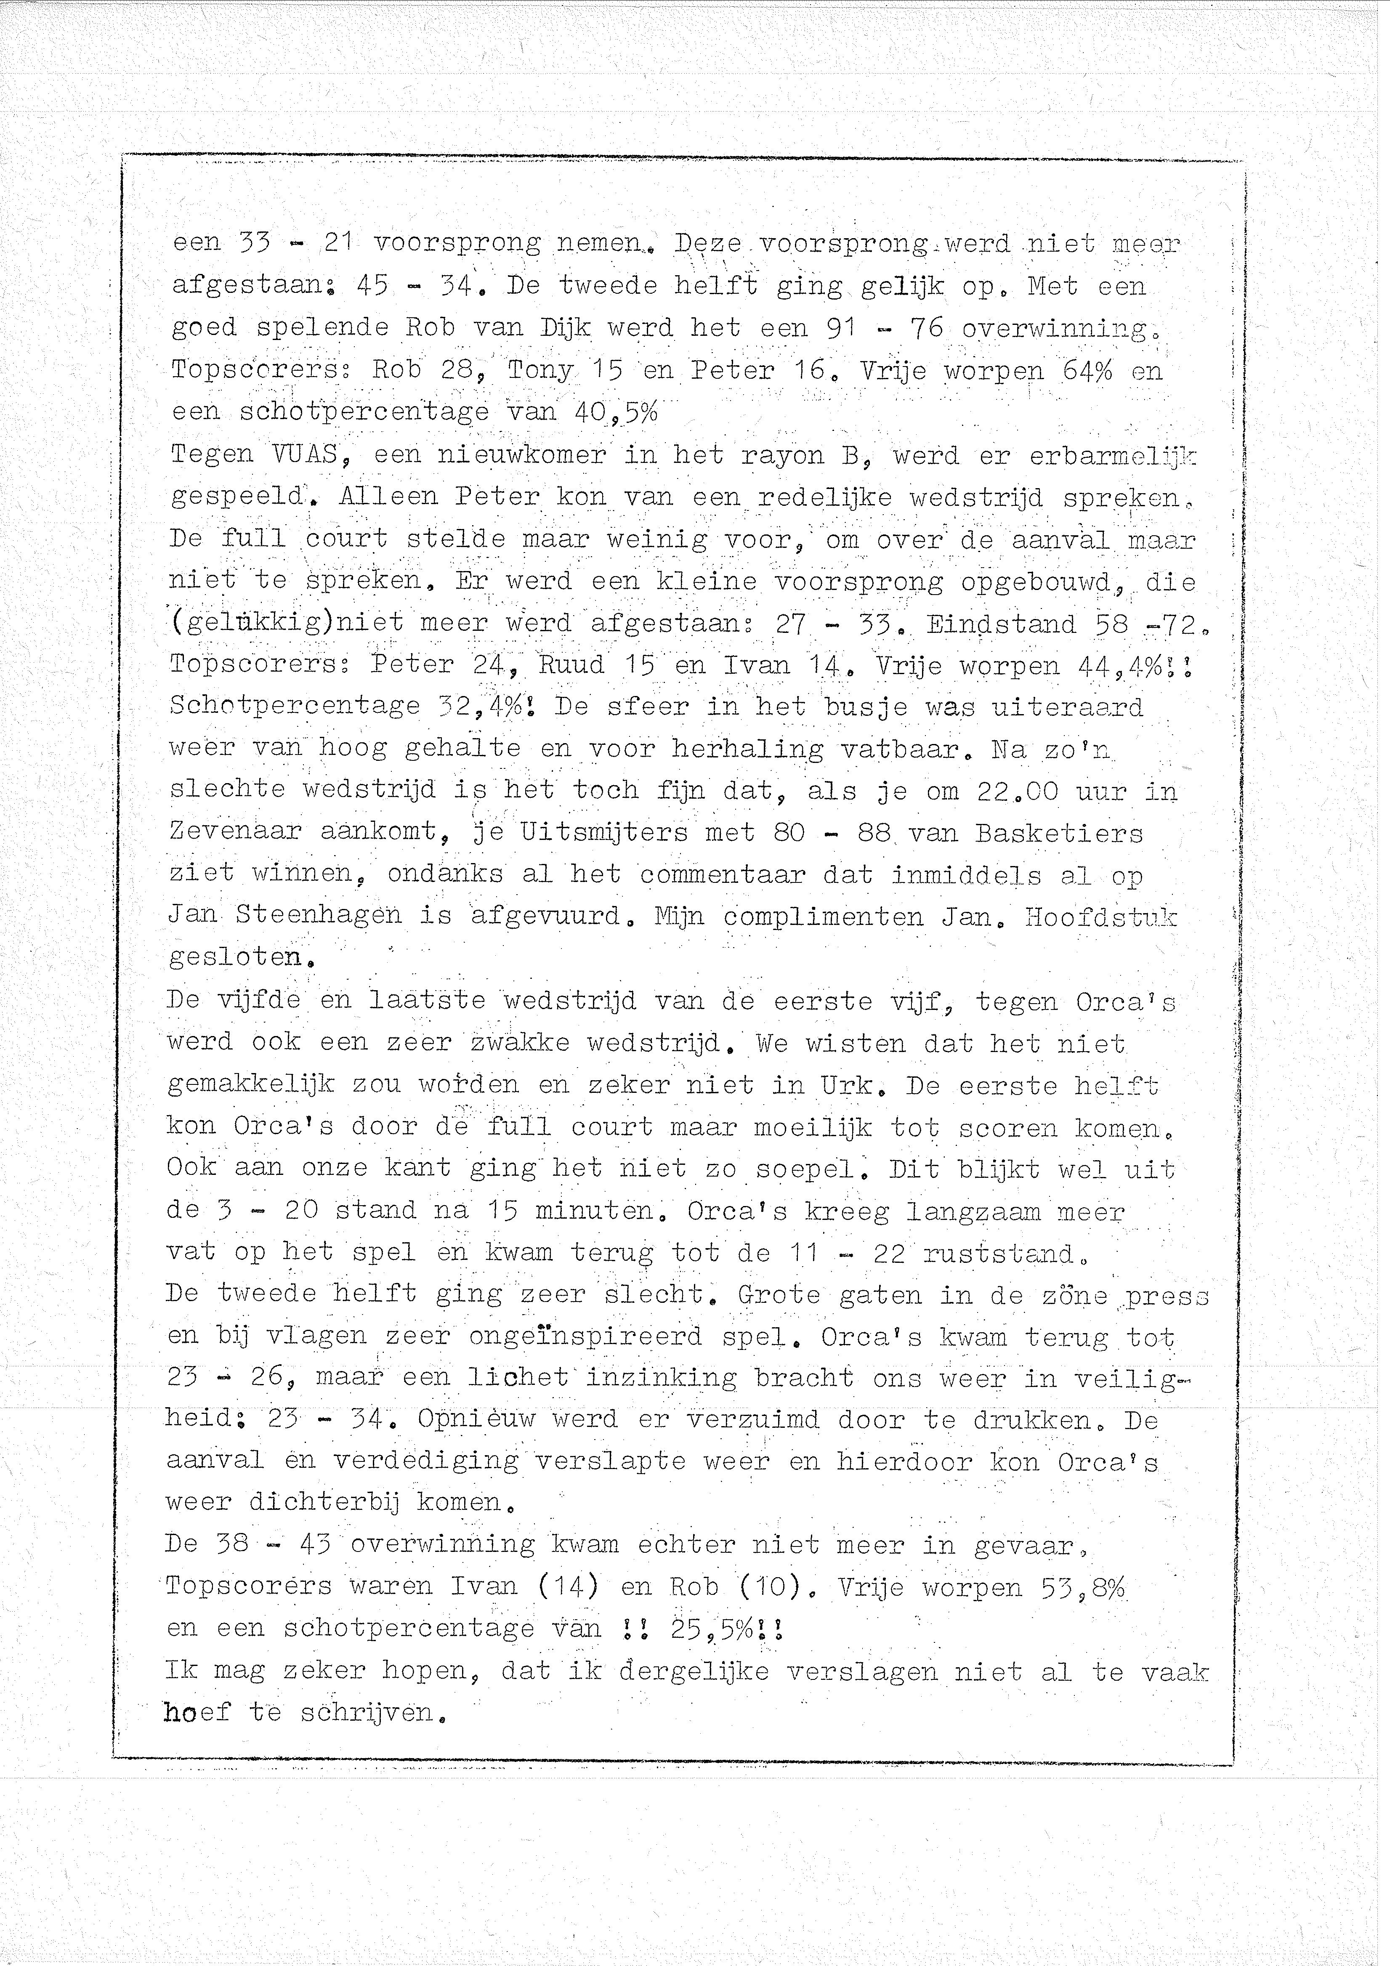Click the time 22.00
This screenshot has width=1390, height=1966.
point(1017,790)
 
